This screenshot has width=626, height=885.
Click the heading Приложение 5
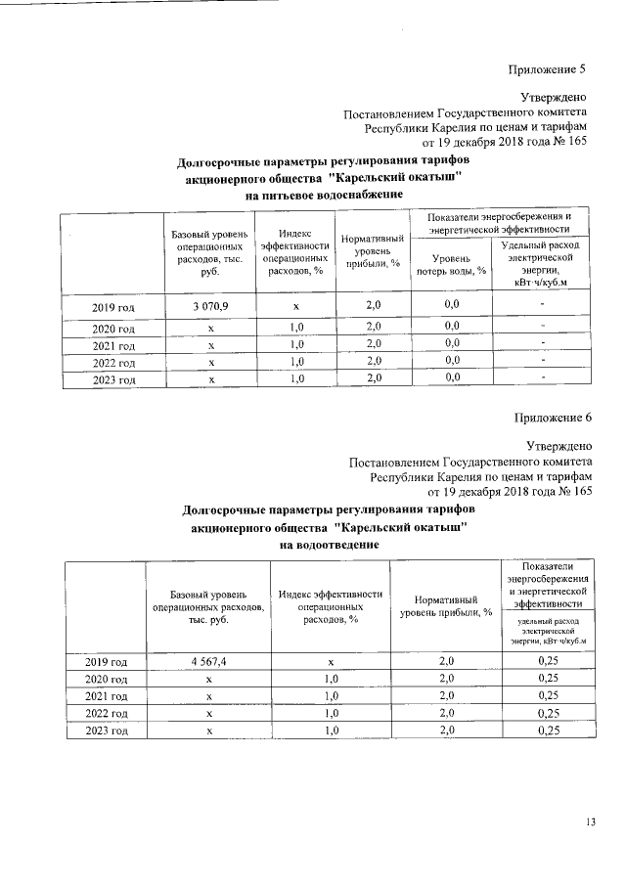[547, 69]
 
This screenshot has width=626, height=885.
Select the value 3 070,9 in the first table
[210, 308]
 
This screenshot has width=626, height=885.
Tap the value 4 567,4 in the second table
[208, 662]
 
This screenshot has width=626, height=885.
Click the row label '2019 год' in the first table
[113, 309]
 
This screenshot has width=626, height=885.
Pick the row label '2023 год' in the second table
[108, 730]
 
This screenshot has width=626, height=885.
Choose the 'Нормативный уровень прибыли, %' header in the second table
[445, 605]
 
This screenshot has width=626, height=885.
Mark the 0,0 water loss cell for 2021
[452, 344]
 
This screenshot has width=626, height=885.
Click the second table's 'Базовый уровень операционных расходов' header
[208, 606]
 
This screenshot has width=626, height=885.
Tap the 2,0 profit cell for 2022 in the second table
[446, 714]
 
